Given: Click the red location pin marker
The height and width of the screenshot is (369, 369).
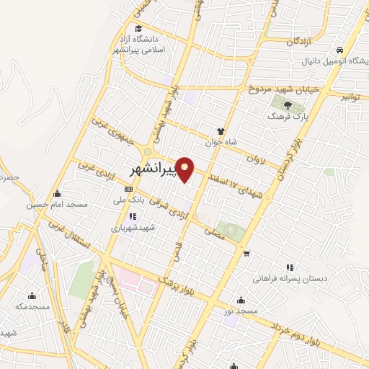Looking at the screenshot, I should [x=185, y=169].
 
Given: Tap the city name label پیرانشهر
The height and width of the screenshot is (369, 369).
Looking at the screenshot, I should [x=153, y=171].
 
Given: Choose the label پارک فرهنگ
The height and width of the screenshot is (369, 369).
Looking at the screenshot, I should [x=288, y=115].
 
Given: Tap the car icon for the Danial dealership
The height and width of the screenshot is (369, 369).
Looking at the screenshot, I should [x=339, y=49].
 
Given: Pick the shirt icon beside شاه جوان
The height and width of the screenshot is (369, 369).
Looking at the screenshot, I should [x=221, y=131].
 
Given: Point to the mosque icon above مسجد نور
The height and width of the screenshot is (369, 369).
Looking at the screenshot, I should [x=240, y=301].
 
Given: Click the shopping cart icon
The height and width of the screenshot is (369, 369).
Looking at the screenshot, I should [x=247, y=253].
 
